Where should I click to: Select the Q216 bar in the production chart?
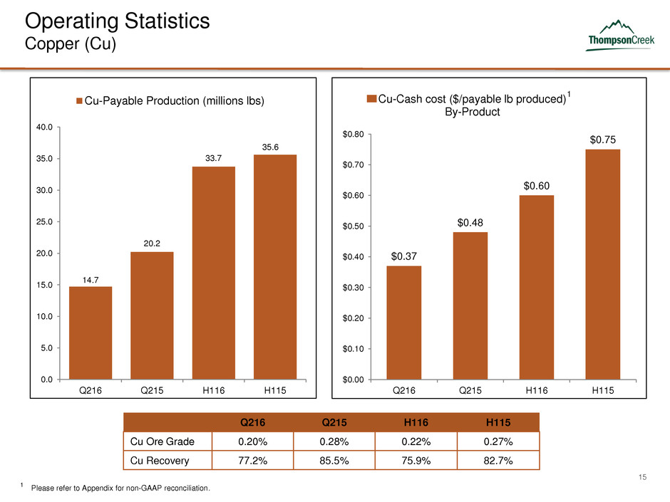click(91, 332)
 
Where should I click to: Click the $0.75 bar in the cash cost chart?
click(603, 263)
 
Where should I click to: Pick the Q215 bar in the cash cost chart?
click(469, 305)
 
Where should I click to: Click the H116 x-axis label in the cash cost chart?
click(536, 391)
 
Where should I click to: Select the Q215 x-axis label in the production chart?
click(152, 391)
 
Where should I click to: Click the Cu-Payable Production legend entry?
click(170, 101)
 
